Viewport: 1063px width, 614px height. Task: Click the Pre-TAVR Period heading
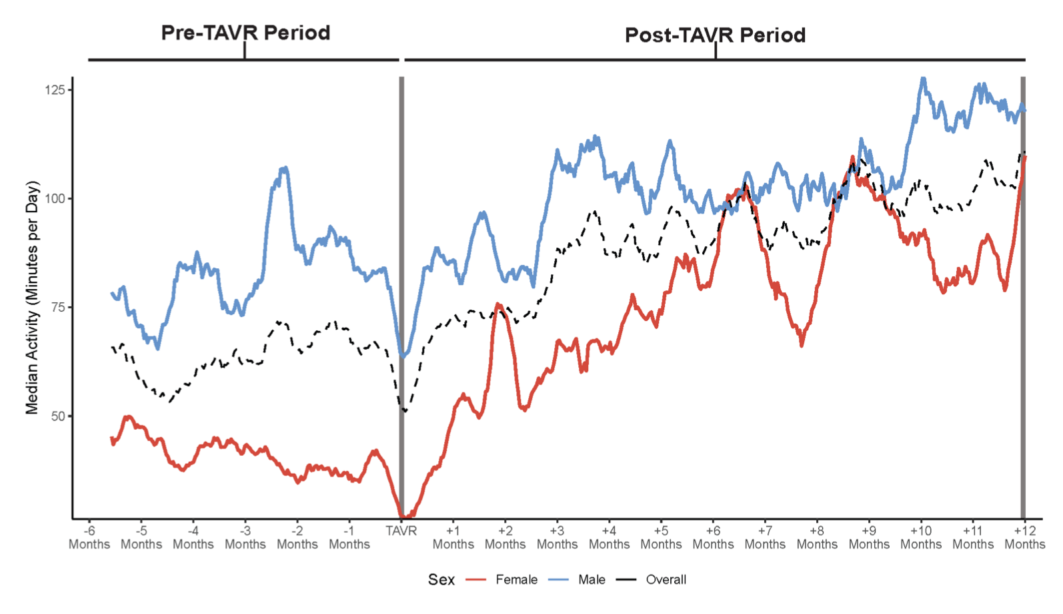click(245, 33)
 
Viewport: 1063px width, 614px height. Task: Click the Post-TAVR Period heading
click(715, 35)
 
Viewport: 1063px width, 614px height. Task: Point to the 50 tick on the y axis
click(58, 416)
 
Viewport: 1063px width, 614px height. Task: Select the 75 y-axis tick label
click(58, 307)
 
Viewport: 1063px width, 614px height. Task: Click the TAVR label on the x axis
click(401, 531)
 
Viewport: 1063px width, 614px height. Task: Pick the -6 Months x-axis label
click(89, 537)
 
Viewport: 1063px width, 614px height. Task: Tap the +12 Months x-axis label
click(1024, 537)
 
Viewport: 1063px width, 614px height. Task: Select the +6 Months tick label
click(713, 537)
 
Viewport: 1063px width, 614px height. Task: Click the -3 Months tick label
click(245, 537)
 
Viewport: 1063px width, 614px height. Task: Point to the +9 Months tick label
click(869, 537)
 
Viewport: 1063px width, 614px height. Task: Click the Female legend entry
click(516, 579)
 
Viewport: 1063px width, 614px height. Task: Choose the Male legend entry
click(592, 579)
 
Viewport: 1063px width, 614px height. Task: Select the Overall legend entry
click(666, 579)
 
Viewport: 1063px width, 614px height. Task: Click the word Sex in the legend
click(441, 579)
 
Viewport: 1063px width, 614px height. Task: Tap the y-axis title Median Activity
click(32, 298)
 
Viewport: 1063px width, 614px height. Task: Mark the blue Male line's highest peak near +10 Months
click(924, 79)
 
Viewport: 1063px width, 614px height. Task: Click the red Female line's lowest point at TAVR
click(405, 515)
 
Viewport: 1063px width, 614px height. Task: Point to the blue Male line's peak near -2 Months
click(285, 168)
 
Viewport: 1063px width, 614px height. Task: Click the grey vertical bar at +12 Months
click(1023, 300)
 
